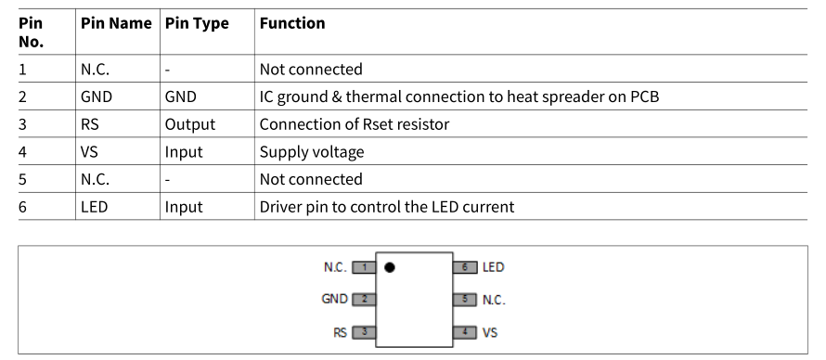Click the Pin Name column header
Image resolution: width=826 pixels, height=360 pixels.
[116, 23]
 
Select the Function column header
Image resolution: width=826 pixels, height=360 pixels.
[292, 23]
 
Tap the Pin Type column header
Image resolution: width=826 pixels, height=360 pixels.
[197, 24]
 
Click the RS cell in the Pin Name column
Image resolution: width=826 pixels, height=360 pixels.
[89, 124]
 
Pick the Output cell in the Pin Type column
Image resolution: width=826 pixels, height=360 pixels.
[190, 124]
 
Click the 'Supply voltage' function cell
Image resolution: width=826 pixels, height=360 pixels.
[312, 152]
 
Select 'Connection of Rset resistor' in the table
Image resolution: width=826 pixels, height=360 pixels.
[355, 124]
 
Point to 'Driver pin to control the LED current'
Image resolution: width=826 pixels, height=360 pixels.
[387, 207]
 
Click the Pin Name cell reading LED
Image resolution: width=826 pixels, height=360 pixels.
[95, 207]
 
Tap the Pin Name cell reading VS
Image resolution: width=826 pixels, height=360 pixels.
[89, 151]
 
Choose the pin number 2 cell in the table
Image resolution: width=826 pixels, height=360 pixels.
[22, 96]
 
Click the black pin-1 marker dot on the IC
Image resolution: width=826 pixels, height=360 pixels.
[389, 267]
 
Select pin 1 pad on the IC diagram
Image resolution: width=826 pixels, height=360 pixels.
[364, 267]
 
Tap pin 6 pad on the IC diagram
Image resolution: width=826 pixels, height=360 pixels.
[465, 267]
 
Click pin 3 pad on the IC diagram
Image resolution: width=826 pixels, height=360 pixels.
[364, 332]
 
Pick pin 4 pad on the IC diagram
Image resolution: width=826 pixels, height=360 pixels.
[465, 332]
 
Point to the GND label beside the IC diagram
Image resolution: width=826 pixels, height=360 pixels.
[334, 299]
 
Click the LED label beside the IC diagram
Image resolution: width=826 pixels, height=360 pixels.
[494, 267]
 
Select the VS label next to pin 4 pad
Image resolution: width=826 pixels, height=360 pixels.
[490, 333]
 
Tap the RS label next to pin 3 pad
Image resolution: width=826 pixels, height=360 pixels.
[341, 333]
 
